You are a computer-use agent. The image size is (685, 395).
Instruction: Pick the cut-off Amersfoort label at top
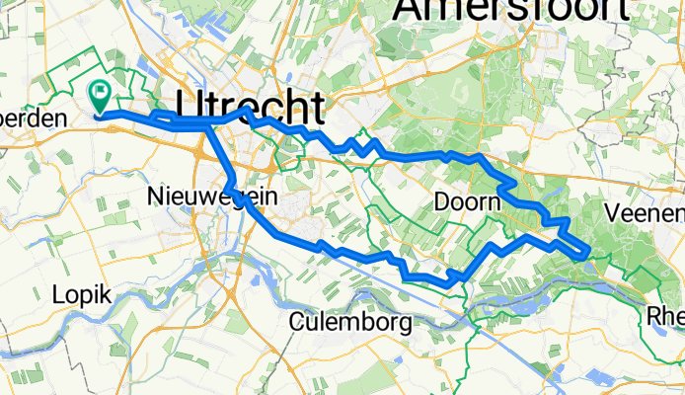[511, 10]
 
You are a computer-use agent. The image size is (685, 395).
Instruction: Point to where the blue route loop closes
[208, 122]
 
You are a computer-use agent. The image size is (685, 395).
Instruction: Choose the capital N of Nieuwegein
[156, 197]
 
